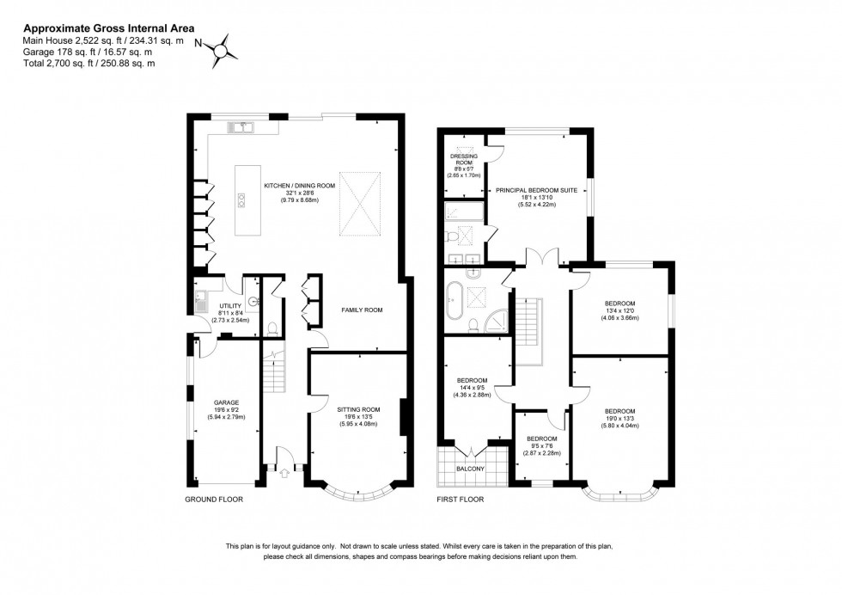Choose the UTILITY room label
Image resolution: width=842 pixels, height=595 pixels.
click(230, 305)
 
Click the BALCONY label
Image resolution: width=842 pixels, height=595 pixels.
click(471, 469)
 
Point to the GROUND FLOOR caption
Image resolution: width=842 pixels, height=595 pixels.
click(214, 499)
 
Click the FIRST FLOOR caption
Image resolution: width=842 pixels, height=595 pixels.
click(461, 499)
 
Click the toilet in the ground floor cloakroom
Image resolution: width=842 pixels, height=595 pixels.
click(272, 327)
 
